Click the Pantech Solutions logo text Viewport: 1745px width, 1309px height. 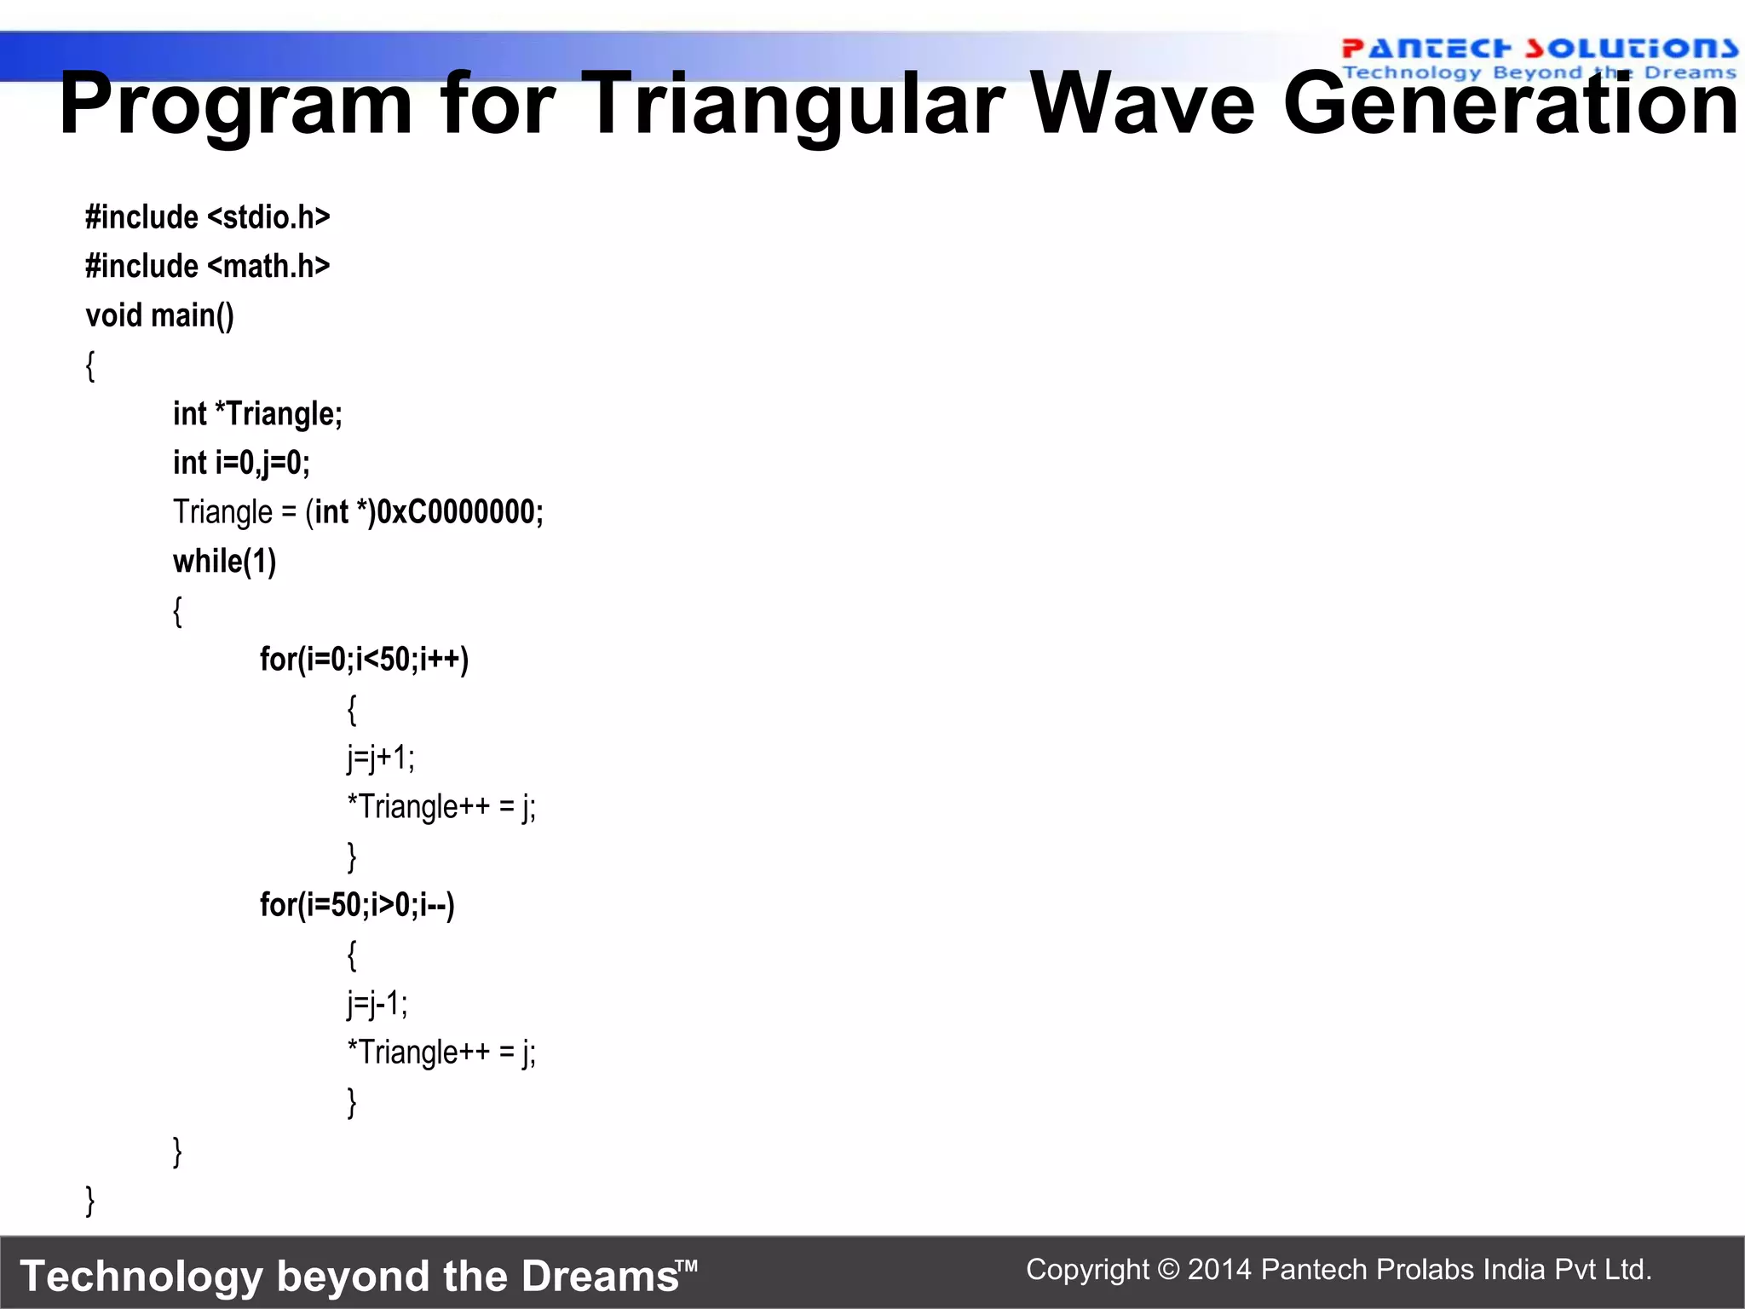click(1539, 49)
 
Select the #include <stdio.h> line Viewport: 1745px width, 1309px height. click(207, 217)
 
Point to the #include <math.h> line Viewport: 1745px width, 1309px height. click(207, 267)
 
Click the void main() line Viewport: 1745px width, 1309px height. click(159, 316)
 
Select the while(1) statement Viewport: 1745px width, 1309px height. click(224, 562)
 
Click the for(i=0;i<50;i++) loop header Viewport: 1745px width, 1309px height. click(364, 660)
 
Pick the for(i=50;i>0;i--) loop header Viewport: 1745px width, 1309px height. click(357, 905)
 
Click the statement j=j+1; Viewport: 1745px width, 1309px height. click(381, 758)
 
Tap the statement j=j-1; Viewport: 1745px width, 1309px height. click(377, 1003)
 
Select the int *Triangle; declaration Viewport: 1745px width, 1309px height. click(257, 414)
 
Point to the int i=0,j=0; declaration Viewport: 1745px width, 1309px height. click(241, 463)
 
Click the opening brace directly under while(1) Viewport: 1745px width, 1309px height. click(177, 611)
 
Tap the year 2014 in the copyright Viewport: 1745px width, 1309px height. click(1219, 1270)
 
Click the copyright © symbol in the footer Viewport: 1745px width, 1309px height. click(1169, 1270)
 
